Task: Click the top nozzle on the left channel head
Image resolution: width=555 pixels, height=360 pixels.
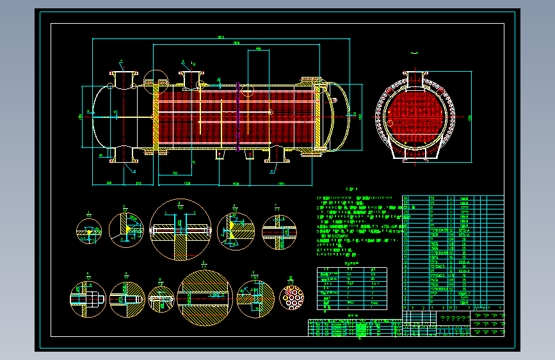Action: (x=122, y=76)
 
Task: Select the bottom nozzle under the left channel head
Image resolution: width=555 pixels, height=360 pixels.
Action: (x=122, y=154)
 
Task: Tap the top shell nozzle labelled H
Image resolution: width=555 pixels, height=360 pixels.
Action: (x=190, y=78)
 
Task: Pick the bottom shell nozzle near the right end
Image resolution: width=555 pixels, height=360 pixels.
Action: (x=275, y=154)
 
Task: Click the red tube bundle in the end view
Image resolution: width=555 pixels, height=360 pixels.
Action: (x=417, y=117)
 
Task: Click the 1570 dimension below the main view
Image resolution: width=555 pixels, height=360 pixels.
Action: (x=282, y=184)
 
